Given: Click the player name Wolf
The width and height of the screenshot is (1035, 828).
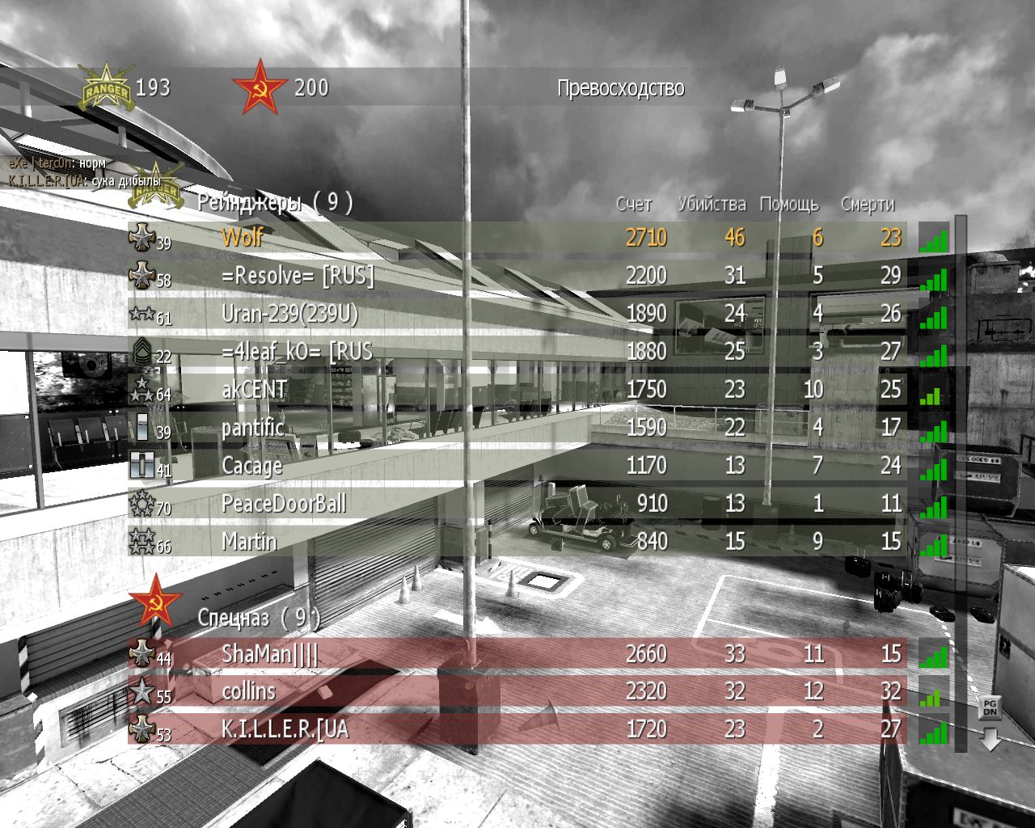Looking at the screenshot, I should [242, 237].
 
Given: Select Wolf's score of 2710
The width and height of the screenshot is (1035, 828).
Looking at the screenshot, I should [645, 237].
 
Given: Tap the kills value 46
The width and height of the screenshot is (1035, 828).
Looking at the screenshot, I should [734, 237].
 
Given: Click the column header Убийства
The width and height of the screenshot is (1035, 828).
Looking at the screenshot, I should [712, 204].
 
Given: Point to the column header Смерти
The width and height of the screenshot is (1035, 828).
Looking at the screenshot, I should [867, 205].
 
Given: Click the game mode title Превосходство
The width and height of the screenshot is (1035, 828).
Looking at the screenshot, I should [620, 88].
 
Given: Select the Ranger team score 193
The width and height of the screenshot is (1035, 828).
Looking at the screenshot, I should [152, 87].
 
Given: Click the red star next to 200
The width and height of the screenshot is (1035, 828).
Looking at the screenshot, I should [259, 86].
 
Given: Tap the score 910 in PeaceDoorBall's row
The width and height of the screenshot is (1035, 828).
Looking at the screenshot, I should [652, 504].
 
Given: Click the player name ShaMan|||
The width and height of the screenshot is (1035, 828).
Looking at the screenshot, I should [270, 654].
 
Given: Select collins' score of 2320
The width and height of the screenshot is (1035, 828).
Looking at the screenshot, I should [645, 691].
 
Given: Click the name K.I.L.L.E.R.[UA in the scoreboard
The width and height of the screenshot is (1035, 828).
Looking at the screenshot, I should [285, 729].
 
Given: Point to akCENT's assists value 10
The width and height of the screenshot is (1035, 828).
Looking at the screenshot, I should [813, 390].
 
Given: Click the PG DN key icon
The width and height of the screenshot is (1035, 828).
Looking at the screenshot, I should [989, 708].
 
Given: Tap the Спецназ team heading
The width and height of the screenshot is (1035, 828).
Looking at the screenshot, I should [233, 618].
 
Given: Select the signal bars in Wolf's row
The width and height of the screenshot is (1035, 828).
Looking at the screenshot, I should [933, 239].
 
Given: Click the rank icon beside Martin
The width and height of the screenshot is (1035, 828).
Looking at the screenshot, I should [142, 541].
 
